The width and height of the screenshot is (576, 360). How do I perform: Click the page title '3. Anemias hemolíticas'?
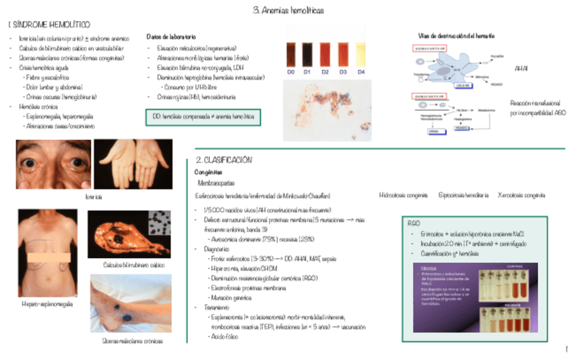point(288,10)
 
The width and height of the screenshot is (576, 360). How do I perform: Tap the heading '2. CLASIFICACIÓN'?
point(223,160)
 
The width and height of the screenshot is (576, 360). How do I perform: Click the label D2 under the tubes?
point(325,71)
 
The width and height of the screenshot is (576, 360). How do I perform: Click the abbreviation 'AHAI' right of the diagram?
point(522,69)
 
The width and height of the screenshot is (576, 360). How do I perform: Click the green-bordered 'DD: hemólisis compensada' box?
point(203,117)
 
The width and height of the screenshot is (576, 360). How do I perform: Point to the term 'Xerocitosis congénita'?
point(521,195)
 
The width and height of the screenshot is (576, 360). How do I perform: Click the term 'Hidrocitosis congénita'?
point(403,195)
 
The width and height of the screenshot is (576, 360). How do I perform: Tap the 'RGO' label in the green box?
point(414,223)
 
